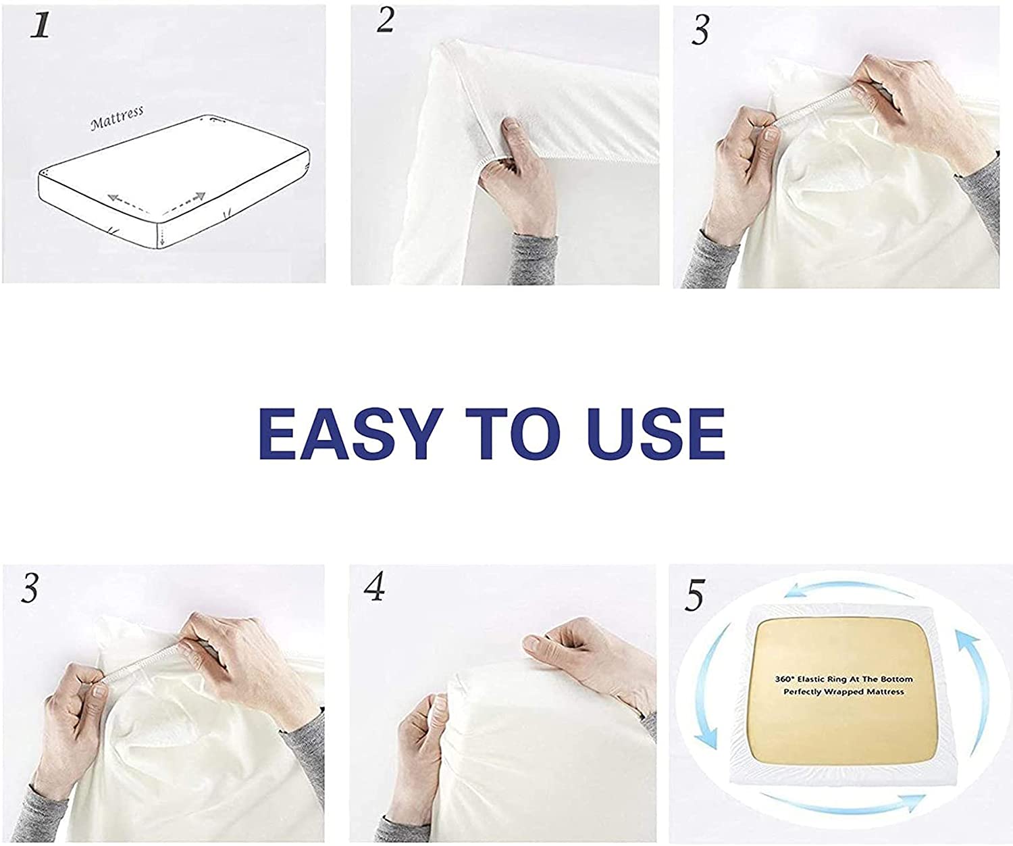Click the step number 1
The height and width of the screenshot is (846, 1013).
40,25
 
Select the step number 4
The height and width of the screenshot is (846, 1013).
374,586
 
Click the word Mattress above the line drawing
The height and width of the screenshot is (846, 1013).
117,118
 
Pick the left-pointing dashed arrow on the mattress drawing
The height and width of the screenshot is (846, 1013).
128,204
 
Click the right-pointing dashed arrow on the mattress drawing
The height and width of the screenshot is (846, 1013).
184,204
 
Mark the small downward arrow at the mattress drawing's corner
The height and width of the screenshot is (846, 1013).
161,237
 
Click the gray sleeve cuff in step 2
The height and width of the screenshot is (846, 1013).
534,259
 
